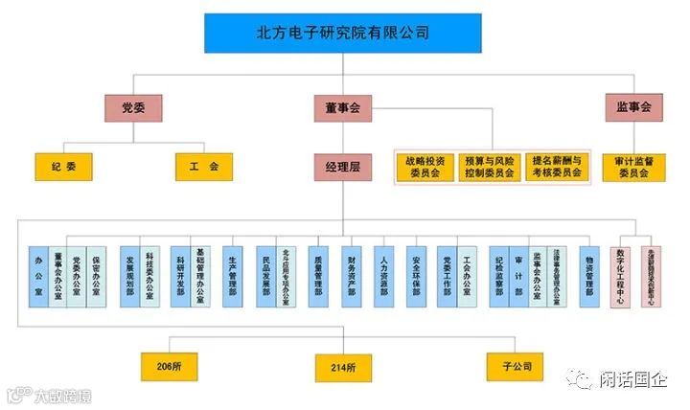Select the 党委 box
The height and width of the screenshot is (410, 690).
pos(133,107)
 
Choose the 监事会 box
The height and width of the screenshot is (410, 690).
pos(633,107)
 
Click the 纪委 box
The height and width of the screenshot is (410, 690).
pos(64,167)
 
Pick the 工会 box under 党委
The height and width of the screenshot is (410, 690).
pos(203,167)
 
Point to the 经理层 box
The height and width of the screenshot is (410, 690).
pos(342,167)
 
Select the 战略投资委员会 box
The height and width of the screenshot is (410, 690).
pos(424,167)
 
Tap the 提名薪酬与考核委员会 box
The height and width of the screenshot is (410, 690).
pos(557,167)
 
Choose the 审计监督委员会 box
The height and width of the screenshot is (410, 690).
pos(633,167)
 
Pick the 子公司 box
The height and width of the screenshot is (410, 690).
pos(516,365)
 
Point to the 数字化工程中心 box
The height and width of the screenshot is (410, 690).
pos(621,275)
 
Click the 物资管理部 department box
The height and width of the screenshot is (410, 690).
pos(589,275)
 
